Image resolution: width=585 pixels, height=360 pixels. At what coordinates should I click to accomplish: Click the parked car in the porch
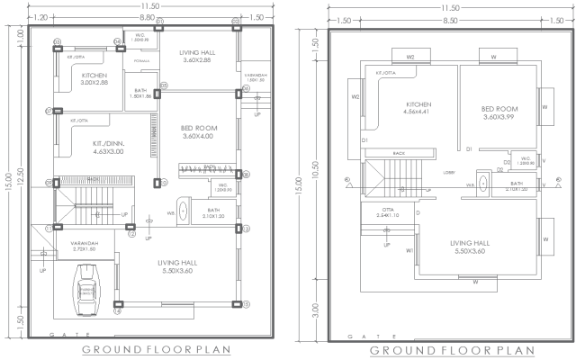(87, 290)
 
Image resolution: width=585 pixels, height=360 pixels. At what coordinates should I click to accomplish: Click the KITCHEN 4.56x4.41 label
(405, 108)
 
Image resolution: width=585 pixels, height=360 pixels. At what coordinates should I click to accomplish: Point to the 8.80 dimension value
(146, 17)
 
